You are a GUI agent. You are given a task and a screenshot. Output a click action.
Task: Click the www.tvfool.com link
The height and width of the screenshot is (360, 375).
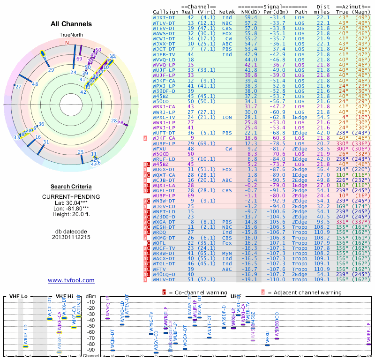pyautogui.click(x=71, y=280)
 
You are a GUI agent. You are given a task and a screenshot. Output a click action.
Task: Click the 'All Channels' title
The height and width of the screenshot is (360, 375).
pyautogui.click(x=71, y=24)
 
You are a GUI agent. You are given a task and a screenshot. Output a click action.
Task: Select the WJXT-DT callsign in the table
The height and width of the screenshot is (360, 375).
pyautogui.click(x=165, y=17)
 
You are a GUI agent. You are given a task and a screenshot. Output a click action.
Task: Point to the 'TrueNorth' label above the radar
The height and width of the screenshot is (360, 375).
pyautogui.click(x=71, y=35)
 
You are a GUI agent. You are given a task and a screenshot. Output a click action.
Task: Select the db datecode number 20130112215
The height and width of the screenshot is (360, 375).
pyautogui.click(x=71, y=237)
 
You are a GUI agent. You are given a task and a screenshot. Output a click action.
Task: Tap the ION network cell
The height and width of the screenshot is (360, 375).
pyautogui.click(x=226, y=117)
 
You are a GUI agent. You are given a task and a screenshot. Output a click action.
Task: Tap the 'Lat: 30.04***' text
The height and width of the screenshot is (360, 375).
pyautogui.click(x=71, y=202)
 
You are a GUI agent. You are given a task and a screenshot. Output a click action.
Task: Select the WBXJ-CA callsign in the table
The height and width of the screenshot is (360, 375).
pyautogui.click(x=165, y=106)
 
